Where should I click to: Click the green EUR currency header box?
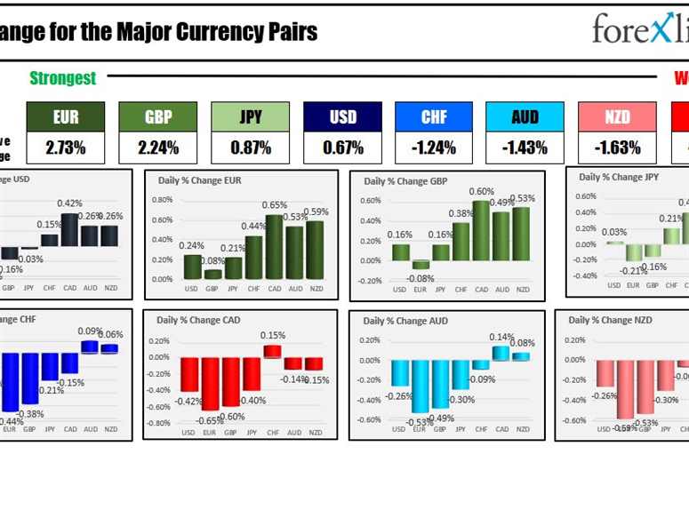pyautogui.click(x=65, y=116)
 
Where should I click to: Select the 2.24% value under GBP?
pyautogui.click(x=157, y=147)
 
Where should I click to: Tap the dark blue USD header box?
pyautogui.click(x=342, y=116)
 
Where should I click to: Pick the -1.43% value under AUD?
pyautogui.click(x=525, y=147)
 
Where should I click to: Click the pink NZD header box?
pyautogui.click(x=617, y=116)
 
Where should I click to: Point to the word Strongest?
pyautogui.click(x=62, y=78)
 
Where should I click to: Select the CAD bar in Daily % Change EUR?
pyautogui.click(x=275, y=247)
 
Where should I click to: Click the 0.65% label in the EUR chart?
pyautogui.click(x=275, y=205)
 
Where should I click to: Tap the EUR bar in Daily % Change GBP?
pyautogui.click(x=420, y=265)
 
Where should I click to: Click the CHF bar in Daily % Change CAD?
pyautogui.click(x=272, y=351)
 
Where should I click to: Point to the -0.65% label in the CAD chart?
pyautogui.click(x=211, y=420)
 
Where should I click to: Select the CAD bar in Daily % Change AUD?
pyautogui.click(x=501, y=353)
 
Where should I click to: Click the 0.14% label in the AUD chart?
pyautogui.click(x=501, y=337)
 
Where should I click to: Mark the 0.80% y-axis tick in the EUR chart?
pyautogui.click(x=161, y=199)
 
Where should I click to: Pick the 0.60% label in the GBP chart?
pyautogui.click(x=481, y=191)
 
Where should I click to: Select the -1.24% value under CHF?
pyautogui.click(x=433, y=147)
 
